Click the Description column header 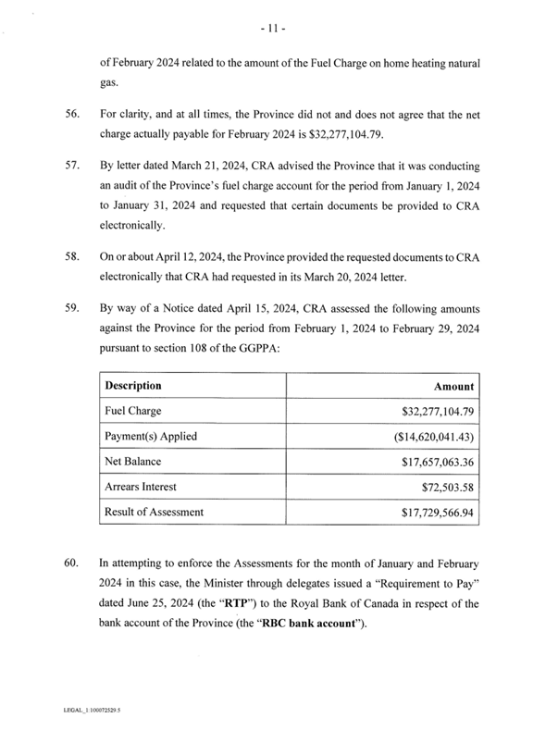click(x=134, y=385)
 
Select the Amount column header click(x=453, y=386)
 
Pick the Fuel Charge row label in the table click(x=135, y=411)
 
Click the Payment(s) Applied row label click(x=150, y=436)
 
